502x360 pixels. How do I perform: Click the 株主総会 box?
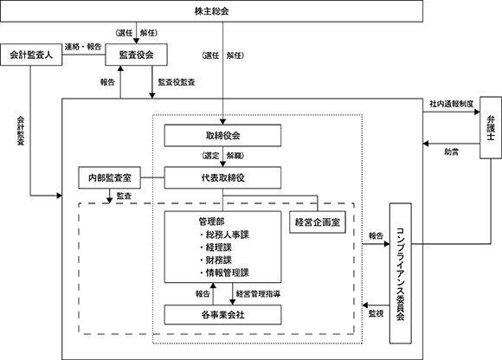coord(211,11)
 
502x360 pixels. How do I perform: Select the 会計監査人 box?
coord(31,55)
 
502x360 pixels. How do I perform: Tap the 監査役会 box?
coord(137,55)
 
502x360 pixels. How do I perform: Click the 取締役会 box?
coord(222,136)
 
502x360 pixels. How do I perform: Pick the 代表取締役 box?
coord(222,177)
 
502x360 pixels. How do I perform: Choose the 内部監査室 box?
coord(110,177)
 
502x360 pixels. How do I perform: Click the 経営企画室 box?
coord(318,222)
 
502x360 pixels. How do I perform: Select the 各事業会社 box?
coord(222,315)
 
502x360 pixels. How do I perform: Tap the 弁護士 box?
coord(491,128)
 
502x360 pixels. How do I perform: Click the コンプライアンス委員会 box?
coord(401,273)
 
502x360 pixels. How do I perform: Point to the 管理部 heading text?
coord(212,222)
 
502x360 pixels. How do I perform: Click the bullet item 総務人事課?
coord(224,235)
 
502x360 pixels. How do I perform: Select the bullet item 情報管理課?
coord(224,273)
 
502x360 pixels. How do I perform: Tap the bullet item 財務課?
coord(216,260)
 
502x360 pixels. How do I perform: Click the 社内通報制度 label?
coord(452,104)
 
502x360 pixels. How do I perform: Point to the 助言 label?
coord(452,152)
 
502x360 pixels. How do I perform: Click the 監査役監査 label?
coord(177,82)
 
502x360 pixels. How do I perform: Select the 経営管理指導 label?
coord(259,293)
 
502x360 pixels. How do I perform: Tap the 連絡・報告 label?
coord(83,47)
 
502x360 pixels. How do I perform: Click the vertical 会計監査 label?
coord(21,131)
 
